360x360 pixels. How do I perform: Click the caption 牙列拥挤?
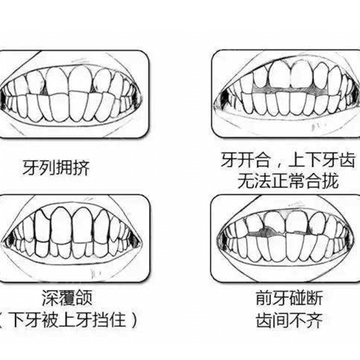click(x=56, y=168)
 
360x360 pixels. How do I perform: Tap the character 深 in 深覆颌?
click(x=50, y=298)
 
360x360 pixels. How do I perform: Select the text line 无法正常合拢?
click(x=288, y=181)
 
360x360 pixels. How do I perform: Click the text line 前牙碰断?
click(x=289, y=298)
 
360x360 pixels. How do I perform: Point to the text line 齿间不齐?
click(x=289, y=320)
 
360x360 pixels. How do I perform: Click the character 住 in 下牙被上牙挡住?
click(x=118, y=319)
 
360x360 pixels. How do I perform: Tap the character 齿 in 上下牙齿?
click(x=347, y=159)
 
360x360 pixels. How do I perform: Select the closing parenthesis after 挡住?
click(x=134, y=319)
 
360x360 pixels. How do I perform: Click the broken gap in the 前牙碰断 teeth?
click(x=264, y=232)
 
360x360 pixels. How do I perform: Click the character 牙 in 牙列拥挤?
click(x=31, y=168)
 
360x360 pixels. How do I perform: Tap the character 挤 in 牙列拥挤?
click(x=81, y=168)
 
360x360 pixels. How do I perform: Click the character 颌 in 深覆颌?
click(x=84, y=298)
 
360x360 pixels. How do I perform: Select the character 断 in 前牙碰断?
click(x=315, y=298)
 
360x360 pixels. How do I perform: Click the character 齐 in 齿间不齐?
click(x=315, y=320)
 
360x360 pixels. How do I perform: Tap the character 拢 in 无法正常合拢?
click(x=330, y=181)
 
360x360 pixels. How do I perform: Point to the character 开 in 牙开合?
click(x=246, y=159)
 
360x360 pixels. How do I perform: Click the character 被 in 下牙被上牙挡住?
click(x=50, y=319)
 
